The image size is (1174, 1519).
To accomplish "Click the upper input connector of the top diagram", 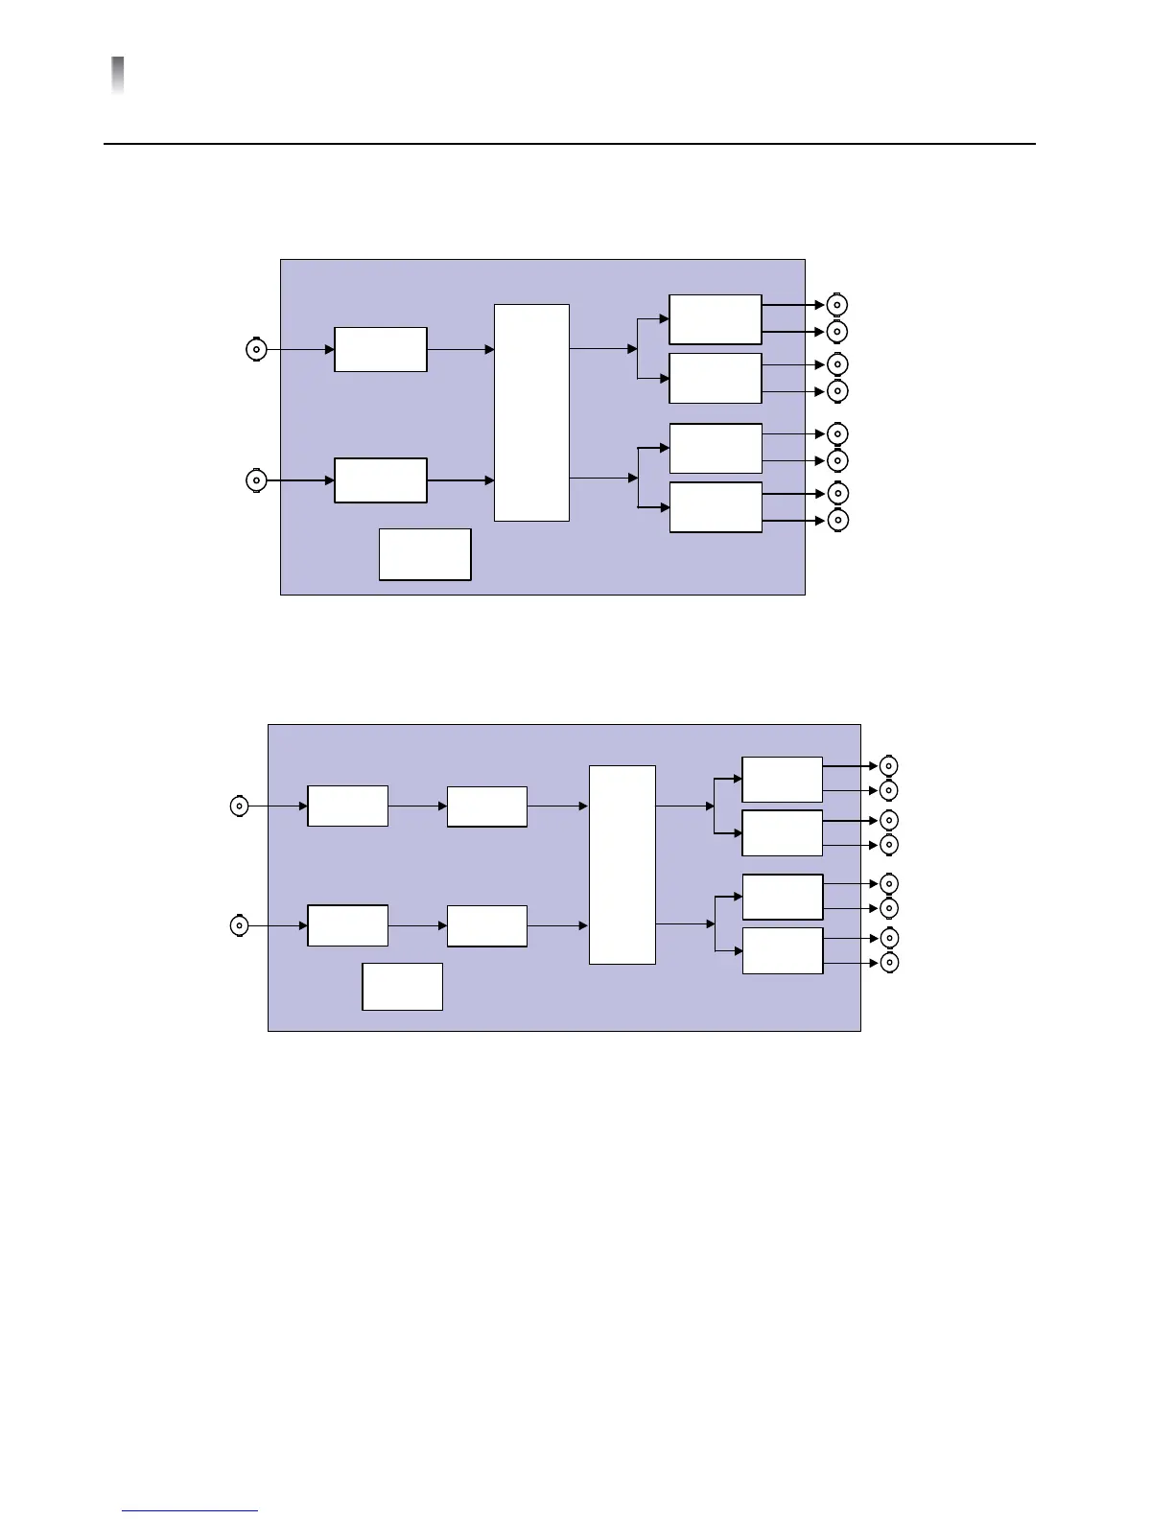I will point(256,350).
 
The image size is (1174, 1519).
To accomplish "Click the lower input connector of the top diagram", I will point(256,480).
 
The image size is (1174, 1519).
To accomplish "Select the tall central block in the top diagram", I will point(531,412).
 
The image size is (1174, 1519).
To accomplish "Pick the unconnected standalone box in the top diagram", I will point(425,554).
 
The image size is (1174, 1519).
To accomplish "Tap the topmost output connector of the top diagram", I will point(837,305).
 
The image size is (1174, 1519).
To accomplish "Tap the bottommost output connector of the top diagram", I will point(837,520).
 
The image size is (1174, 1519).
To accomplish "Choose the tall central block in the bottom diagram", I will point(622,864).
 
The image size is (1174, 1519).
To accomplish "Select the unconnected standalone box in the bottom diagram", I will point(402,987).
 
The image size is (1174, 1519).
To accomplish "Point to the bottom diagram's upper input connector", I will point(239,806).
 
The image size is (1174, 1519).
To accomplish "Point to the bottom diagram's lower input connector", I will point(239,925).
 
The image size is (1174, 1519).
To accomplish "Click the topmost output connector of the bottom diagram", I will point(889,766).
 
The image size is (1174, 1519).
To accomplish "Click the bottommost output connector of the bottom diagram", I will point(889,963).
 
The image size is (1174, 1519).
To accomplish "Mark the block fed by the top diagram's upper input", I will point(381,349).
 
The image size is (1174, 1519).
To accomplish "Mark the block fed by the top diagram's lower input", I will point(381,480).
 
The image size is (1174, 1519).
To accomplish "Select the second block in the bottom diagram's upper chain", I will point(487,806).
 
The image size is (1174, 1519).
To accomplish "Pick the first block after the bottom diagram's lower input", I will point(347,925).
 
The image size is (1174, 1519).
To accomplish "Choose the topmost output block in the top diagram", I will point(715,319).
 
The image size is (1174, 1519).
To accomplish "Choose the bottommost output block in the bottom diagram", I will point(783,950).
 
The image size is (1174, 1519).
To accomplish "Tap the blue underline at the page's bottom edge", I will point(190,1511).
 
